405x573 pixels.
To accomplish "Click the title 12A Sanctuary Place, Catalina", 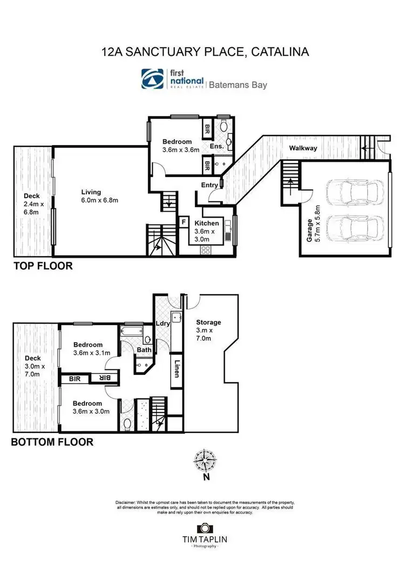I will click(205, 52).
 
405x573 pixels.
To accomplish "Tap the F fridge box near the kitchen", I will click(184, 221).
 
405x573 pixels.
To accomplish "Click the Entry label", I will click(208, 185).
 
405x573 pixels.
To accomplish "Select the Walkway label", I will click(302, 148).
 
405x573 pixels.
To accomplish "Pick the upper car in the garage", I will click(354, 192).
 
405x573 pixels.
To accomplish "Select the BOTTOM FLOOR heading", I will click(52, 442).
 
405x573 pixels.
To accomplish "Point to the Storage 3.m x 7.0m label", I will click(208, 330).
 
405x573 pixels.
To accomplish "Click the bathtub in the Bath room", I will click(131, 331).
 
